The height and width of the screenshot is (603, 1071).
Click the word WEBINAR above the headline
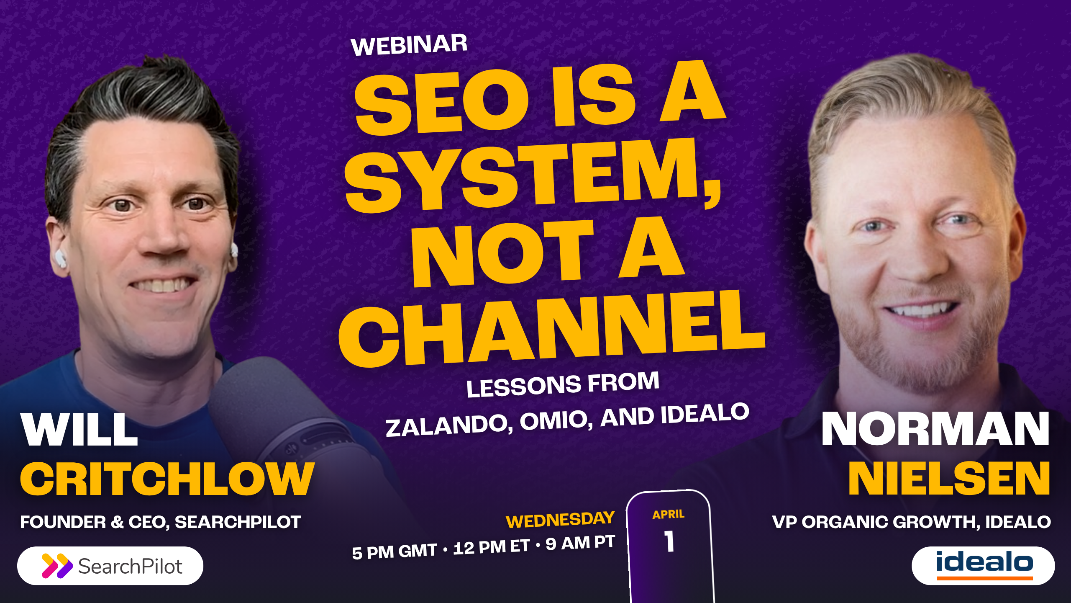(409, 45)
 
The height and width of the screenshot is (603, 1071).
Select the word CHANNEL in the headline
(551, 329)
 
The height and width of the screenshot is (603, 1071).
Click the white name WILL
(79, 430)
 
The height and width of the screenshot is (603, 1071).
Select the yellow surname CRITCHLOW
(167, 479)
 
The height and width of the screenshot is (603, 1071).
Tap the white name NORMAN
(935, 429)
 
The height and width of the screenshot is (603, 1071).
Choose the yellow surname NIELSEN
(949, 479)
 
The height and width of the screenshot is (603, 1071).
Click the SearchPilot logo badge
(110, 566)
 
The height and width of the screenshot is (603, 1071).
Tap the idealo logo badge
(983, 565)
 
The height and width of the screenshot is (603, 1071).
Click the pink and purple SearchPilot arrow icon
(57, 566)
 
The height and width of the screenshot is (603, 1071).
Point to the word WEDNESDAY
(560, 520)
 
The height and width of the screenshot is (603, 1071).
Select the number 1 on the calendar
(669, 541)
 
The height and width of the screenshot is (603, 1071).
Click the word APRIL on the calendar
(669, 514)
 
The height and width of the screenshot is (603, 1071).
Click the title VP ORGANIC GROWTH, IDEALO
(911, 522)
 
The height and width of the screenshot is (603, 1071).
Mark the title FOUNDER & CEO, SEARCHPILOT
(160, 522)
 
